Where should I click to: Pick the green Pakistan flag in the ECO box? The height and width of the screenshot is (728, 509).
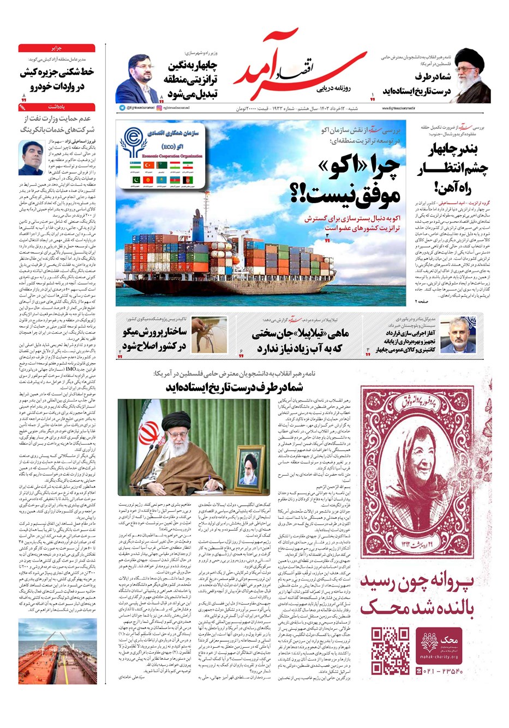[136, 180]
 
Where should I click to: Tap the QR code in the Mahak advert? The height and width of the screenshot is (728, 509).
[390, 650]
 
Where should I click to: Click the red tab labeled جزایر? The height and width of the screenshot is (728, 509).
[57, 48]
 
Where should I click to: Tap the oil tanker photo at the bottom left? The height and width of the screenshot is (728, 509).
[57, 650]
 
